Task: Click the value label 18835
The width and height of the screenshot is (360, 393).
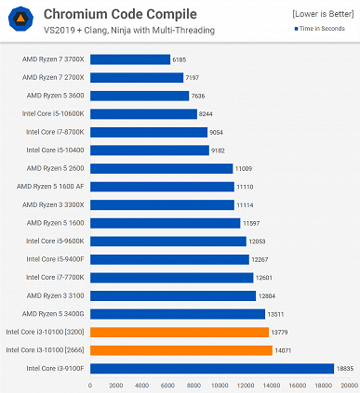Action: point(345,368)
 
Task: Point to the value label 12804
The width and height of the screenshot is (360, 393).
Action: point(270,295)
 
